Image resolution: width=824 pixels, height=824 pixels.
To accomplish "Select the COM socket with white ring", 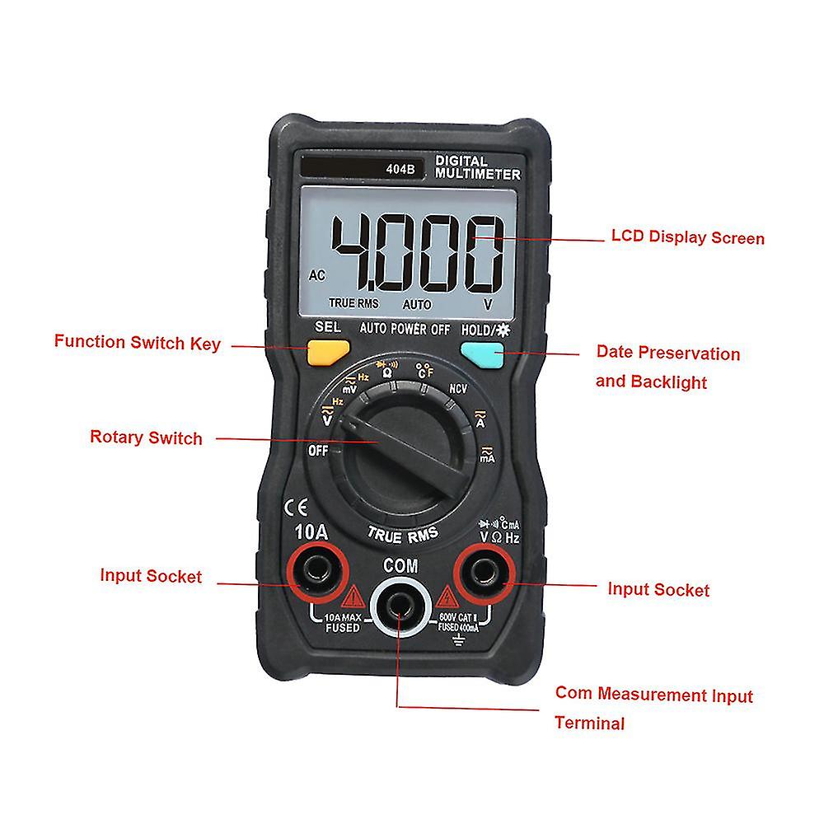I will pos(400,611).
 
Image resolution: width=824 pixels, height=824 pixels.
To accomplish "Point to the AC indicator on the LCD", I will pos(318,275).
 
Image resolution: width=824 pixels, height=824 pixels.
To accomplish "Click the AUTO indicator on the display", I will pos(417,304).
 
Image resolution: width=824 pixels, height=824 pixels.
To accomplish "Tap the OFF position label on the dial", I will pos(317,451).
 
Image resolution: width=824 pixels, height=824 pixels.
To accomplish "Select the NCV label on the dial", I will pos(459,388).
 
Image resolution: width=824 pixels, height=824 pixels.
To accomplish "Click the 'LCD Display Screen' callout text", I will pos(687,237).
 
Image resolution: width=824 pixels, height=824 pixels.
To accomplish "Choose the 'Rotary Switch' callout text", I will pos(146,438).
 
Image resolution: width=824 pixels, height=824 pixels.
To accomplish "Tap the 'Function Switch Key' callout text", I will pos(138,342).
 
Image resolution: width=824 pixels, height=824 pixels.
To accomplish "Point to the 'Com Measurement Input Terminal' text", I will pos(653,709).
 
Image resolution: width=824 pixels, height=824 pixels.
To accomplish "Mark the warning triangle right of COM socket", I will pos(446,595).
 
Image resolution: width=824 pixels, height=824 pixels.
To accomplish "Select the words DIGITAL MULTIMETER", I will pos(477,167).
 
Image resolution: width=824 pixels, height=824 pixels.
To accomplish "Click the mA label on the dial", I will pos(487,454).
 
